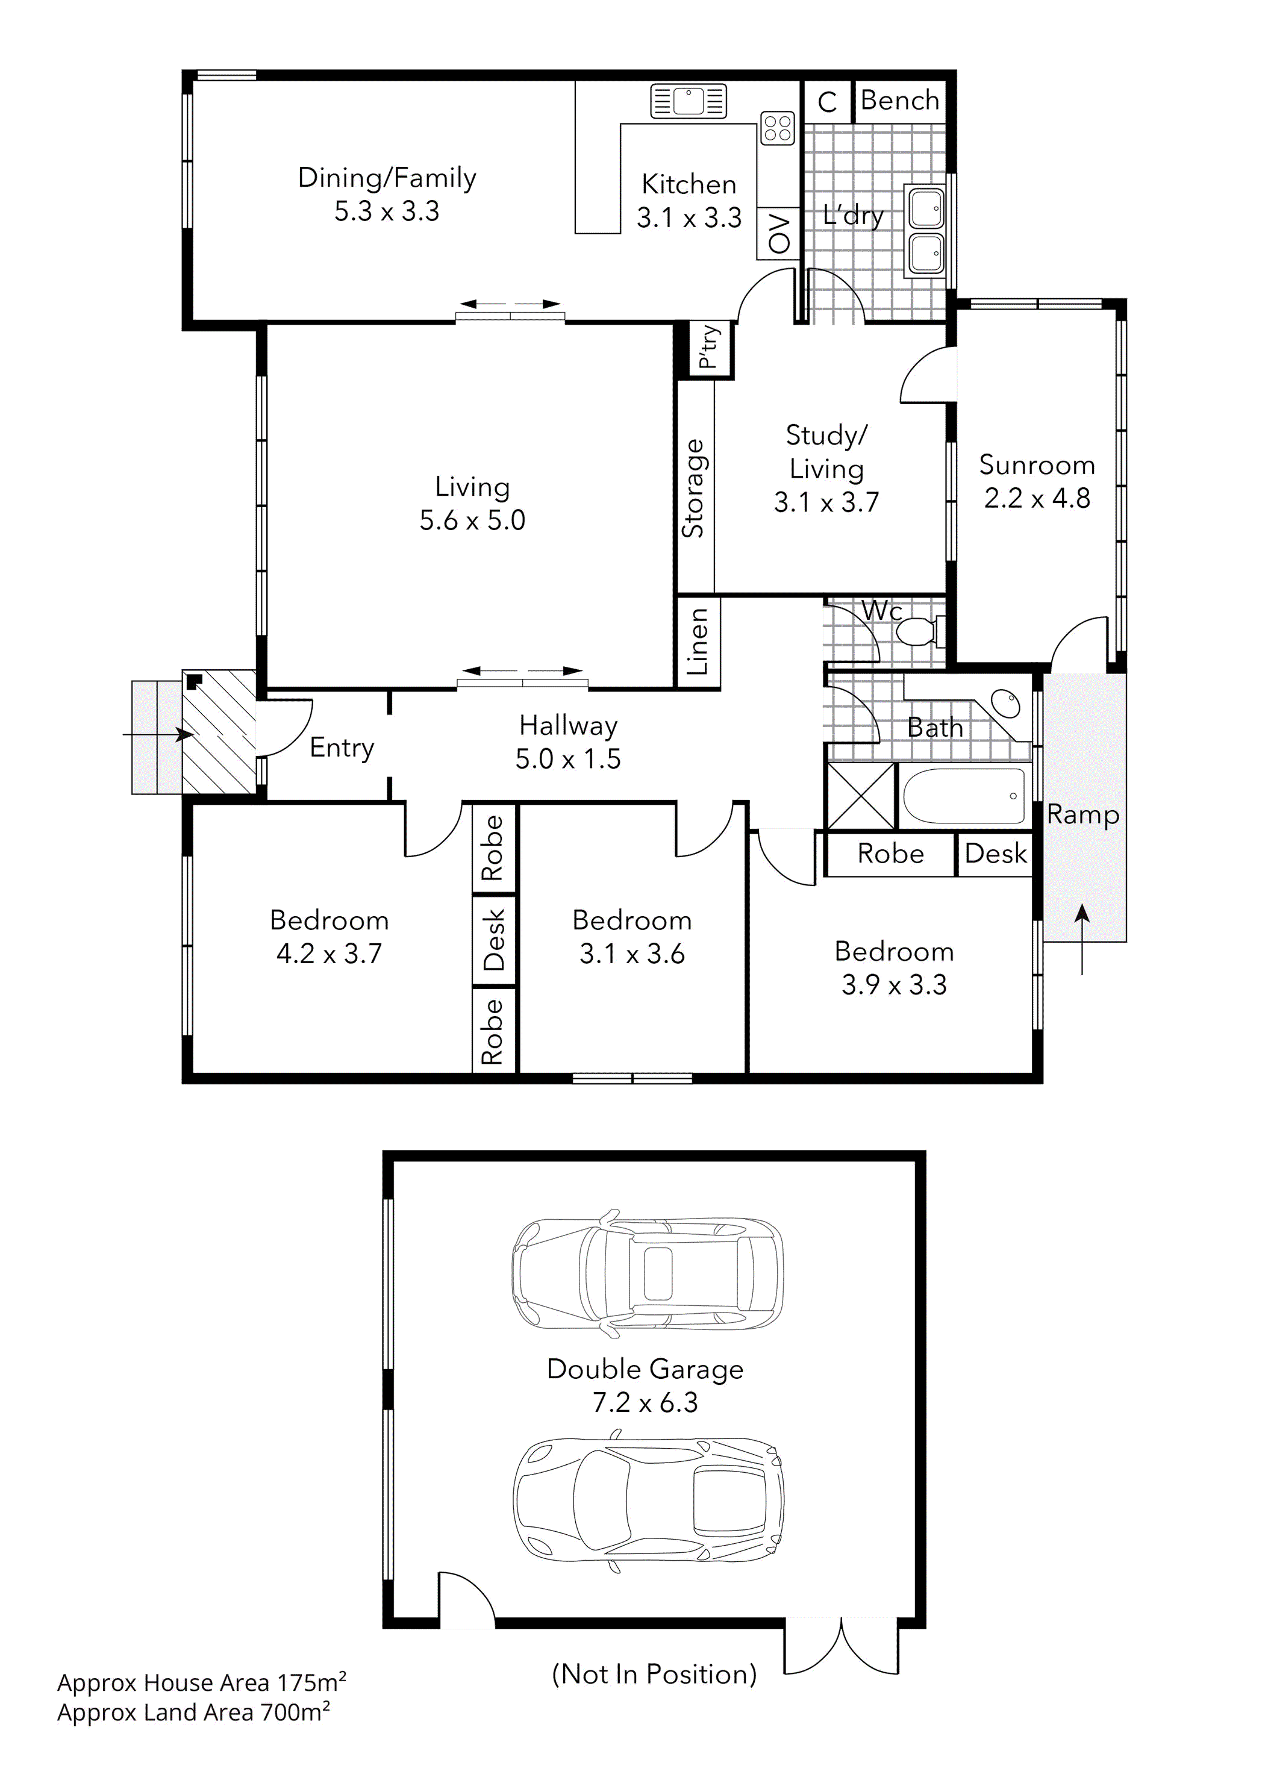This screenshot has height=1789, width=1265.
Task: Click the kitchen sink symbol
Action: pyautogui.click(x=689, y=101)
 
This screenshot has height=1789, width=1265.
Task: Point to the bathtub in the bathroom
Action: pyautogui.click(x=964, y=796)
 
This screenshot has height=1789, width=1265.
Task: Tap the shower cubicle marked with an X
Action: pyautogui.click(x=860, y=796)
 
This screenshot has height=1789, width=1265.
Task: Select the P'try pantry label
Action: pyautogui.click(x=708, y=347)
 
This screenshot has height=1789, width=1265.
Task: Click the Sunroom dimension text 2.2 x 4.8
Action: pyautogui.click(x=1037, y=498)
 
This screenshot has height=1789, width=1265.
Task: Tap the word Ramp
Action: pyautogui.click(x=1082, y=814)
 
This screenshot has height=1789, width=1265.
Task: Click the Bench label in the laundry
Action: pyautogui.click(x=899, y=101)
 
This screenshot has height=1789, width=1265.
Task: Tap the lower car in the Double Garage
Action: pyautogui.click(x=647, y=1500)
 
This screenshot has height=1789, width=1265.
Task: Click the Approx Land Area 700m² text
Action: pyautogui.click(x=193, y=1713)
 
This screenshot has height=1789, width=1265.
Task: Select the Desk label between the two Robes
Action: pyautogui.click(x=494, y=940)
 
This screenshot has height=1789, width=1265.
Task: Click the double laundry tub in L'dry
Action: pyautogui.click(x=925, y=231)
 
